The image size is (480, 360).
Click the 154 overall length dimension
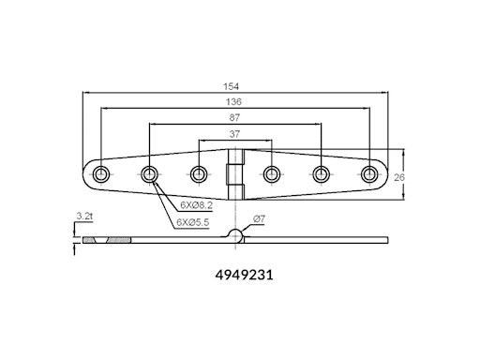tap(231, 86)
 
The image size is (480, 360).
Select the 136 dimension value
tap(233, 101)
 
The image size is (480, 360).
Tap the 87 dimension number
tap(234, 117)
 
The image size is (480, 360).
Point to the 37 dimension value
tap(234, 134)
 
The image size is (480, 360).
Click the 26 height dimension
tap(399, 177)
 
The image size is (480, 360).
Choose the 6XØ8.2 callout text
tap(197, 205)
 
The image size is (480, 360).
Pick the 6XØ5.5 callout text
tap(193, 222)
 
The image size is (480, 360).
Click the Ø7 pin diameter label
tap(259, 219)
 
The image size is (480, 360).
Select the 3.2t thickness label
tap(84, 216)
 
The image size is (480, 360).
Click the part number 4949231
tap(244, 275)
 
